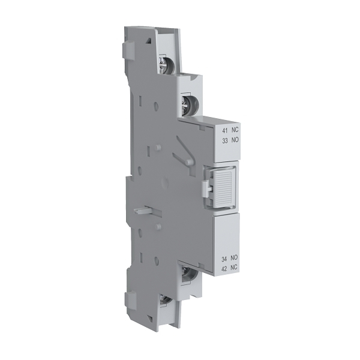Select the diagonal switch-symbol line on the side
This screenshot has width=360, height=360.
(181, 150)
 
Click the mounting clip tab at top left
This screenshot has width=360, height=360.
(128, 50)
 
